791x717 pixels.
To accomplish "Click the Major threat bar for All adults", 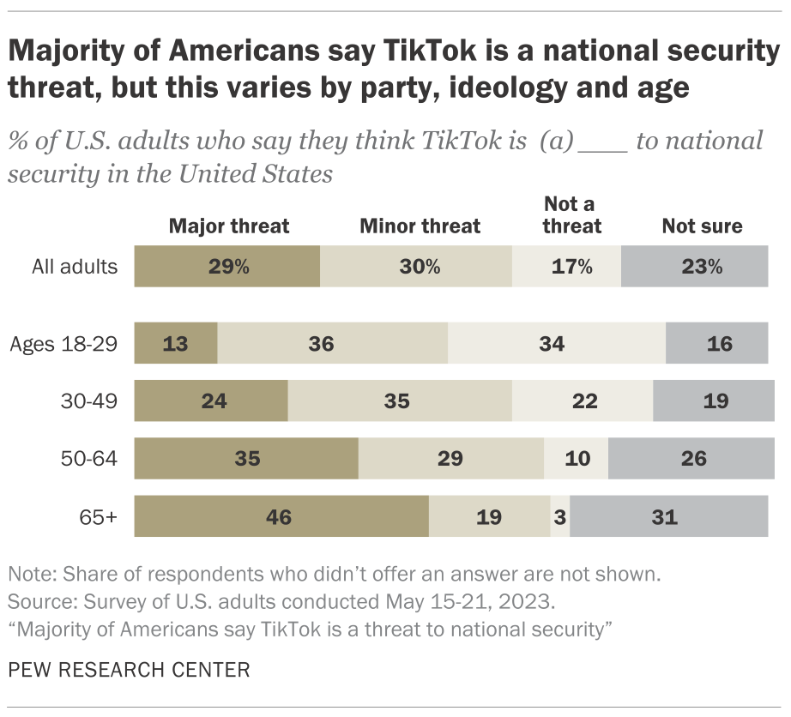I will pyautogui.click(x=227, y=266).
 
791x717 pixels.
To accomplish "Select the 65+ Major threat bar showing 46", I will pyautogui.click(x=281, y=517).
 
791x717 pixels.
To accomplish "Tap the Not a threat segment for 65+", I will pyautogui.click(x=559, y=517).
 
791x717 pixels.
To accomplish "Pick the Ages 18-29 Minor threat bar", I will pyautogui.click(x=332, y=344).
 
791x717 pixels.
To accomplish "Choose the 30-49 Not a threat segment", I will pyautogui.click(x=583, y=401).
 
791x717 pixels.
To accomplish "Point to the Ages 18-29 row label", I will pyautogui.click(x=63, y=344).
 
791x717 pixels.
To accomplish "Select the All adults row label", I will pyautogui.click(x=75, y=266).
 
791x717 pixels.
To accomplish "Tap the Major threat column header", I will pyautogui.click(x=229, y=226).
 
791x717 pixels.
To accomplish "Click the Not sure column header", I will pyautogui.click(x=702, y=226).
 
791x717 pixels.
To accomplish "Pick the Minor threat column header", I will pyautogui.click(x=420, y=226).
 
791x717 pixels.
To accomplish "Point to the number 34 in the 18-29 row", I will pyautogui.click(x=552, y=344).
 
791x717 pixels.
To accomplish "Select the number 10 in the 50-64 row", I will pyautogui.click(x=577, y=458).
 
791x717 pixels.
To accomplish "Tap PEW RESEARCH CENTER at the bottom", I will pyautogui.click(x=129, y=669).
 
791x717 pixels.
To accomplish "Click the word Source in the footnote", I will pyautogui.click(x=34, y=598).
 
